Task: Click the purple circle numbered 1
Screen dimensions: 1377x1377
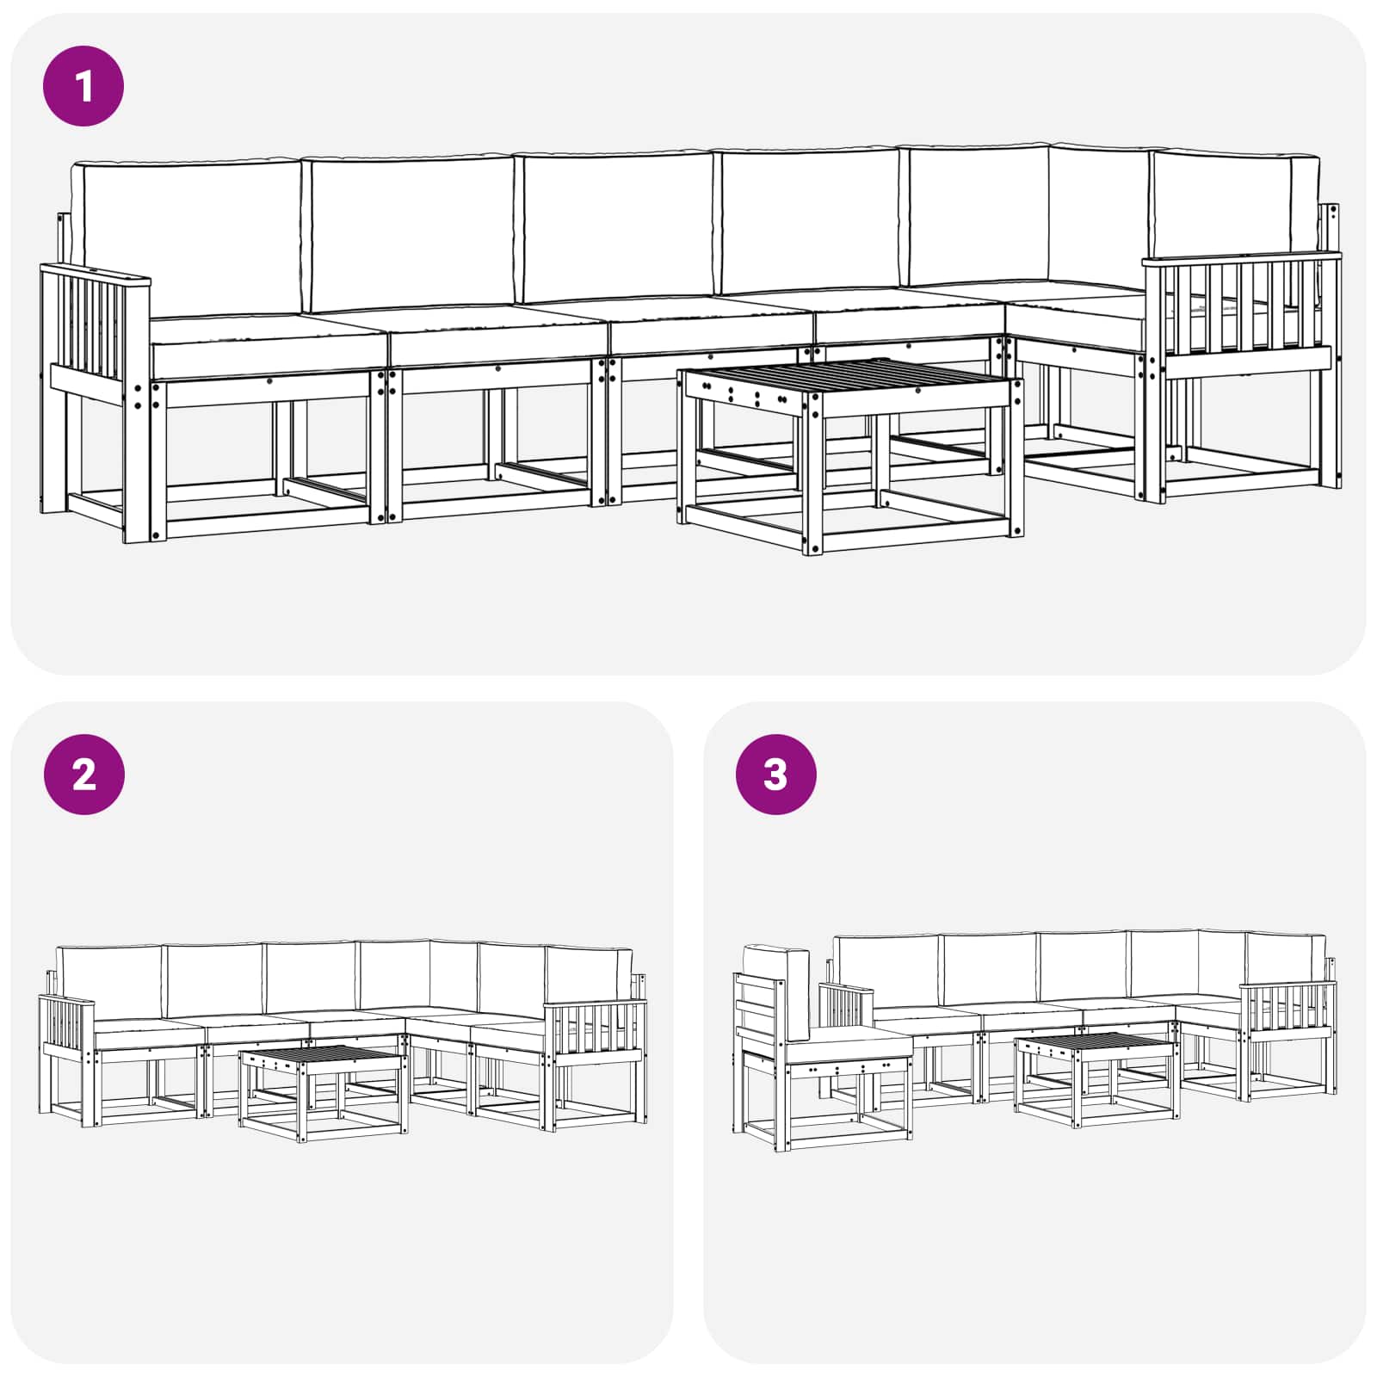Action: (x=83, y=86)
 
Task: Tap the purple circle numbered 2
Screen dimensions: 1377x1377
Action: (x=83, y=775)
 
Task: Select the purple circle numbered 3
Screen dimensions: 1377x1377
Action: (x=775, y=775)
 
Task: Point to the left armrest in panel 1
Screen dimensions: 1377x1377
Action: (x=95, y=280)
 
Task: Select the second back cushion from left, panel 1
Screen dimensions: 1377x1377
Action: (x=411, y=234)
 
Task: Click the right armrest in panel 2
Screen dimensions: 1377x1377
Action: (x=596, y=1028)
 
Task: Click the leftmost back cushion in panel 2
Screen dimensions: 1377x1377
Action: (x=109, y=981)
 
